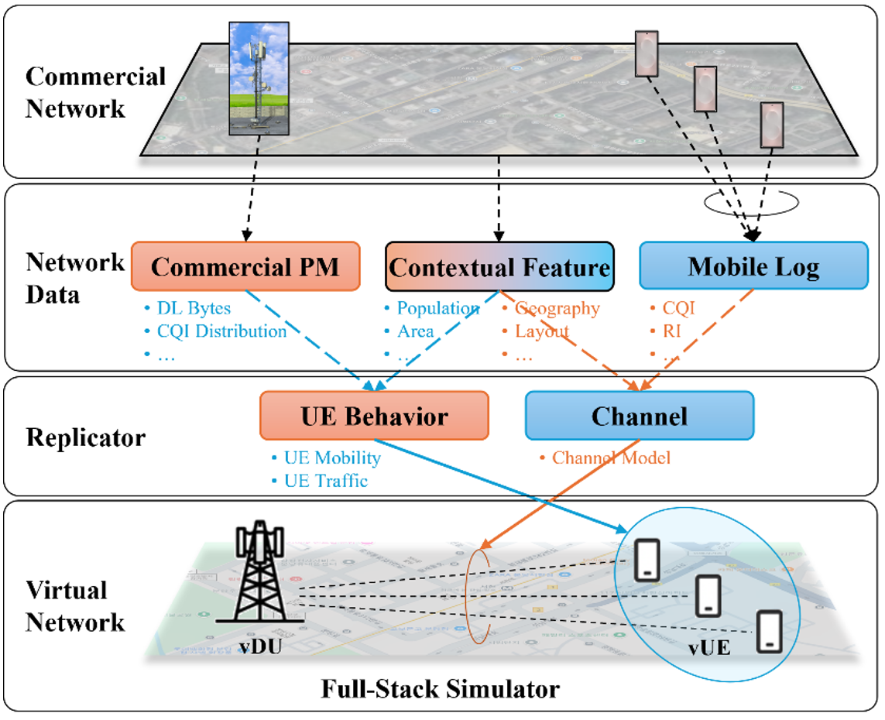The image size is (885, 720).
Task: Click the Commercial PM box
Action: coord(245,267)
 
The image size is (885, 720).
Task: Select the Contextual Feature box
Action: coord(499,268)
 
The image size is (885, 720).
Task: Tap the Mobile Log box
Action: coord(753,267)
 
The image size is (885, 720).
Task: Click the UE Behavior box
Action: coord(374,417)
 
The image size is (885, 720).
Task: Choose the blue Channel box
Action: coord(639,417)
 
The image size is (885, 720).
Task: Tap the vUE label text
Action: coord(709,647)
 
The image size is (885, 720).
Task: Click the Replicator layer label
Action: coord(85,437)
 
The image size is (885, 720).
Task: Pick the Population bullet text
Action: coord(437,308)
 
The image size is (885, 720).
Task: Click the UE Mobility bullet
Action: coord(332,458)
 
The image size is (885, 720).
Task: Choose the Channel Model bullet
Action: coord(610,458)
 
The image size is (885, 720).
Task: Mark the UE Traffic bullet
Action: coord(325,481)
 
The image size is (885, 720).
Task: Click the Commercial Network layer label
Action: coord(95,92)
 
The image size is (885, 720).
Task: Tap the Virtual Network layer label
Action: coord(75,606)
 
